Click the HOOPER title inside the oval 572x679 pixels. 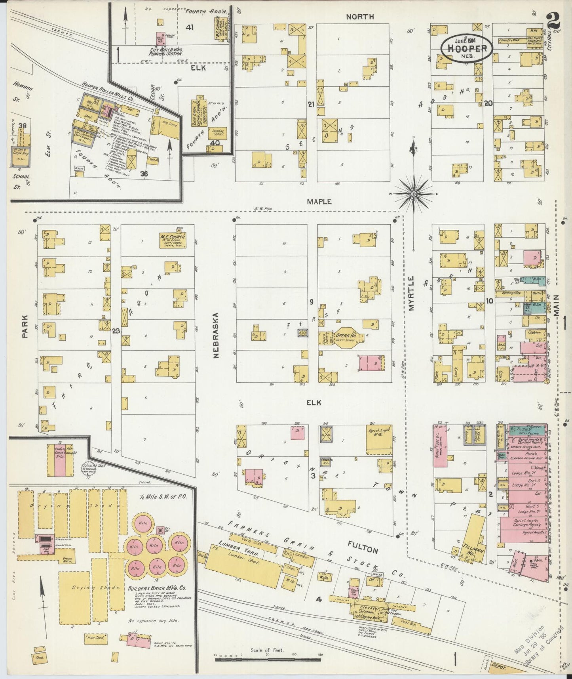coord(467,48)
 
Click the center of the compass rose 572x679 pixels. coord(413,194)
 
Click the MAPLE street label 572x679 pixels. coord(319,202)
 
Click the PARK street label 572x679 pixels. coord(25,326)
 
